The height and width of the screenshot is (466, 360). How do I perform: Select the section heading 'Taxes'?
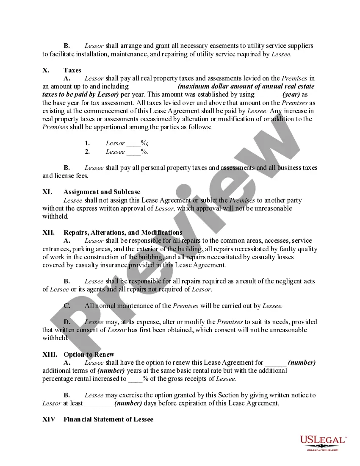click(72, 70)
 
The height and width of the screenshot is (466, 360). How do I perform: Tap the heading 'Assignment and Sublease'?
click(102, 192)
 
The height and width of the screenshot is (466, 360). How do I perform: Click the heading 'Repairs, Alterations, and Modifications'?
click(123, 233)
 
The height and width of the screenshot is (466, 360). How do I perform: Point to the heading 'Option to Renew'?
click(89, 355)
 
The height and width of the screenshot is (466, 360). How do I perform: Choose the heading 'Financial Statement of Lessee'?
click(108, 419)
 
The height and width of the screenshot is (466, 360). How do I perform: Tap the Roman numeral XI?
click(47, 192)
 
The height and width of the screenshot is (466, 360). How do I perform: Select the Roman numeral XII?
click(48, 233)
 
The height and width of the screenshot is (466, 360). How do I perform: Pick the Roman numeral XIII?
click(50, 355)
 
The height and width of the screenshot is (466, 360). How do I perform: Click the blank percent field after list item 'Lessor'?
click(133, 144)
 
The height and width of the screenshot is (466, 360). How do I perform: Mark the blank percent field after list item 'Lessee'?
click(133, 152)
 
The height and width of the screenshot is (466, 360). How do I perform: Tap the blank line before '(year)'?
click(269, 95)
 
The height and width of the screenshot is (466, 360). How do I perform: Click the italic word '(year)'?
click(292, 94)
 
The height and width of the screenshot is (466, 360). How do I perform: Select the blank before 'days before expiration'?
click(98, 404)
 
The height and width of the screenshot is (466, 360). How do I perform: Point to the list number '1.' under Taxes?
click(87, 143)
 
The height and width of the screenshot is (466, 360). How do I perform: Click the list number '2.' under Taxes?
click(87, 152)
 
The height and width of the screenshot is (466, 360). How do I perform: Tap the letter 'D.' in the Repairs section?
click(67, 322)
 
